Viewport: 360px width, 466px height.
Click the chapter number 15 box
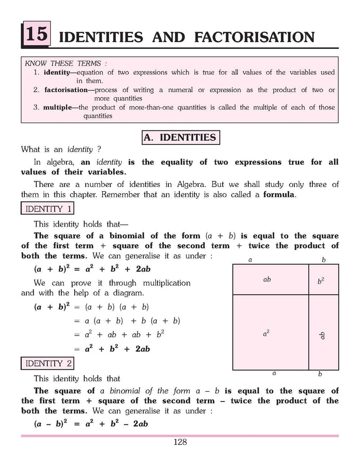coord(36,35)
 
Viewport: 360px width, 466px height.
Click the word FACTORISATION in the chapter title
coord(255,37)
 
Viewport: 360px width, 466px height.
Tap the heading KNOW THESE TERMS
coord(62,63)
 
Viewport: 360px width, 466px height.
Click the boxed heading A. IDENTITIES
coord(180,137)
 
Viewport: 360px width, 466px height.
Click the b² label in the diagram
coord(321,281)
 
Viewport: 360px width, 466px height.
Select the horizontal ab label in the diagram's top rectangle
coord(267,279)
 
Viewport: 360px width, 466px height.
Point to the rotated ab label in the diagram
coord(322,335)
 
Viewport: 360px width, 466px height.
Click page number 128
coord(180,442)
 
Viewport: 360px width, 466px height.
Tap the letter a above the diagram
coord(250,259)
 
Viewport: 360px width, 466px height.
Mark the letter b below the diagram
coord(320,374)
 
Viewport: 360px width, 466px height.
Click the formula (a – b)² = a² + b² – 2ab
coord(91,423)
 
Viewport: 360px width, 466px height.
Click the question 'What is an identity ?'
coord(61,150)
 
